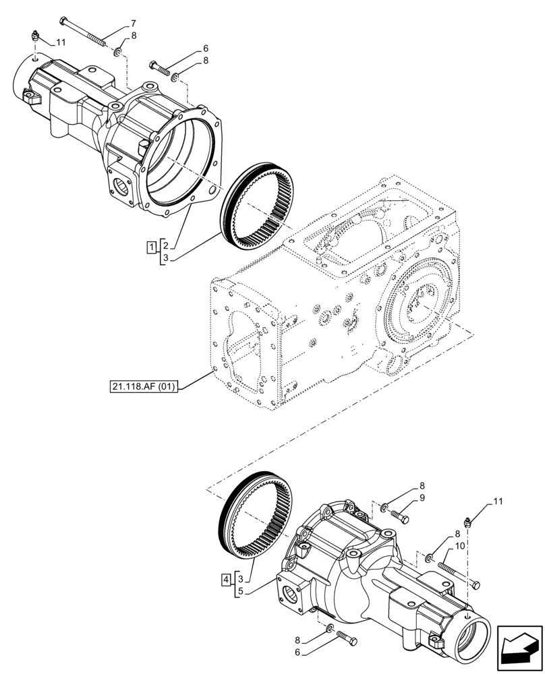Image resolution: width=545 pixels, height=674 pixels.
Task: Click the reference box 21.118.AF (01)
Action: point(141,387)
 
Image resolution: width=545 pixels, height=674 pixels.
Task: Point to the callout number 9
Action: point(422,497)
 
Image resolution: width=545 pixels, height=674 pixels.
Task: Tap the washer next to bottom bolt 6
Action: point(330,628)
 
